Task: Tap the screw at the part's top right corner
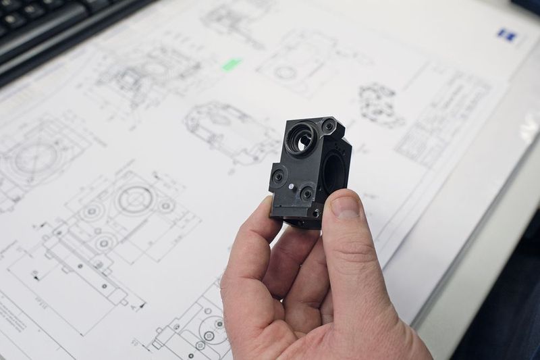(x=328, y=126)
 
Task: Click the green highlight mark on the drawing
(x=232, y=64)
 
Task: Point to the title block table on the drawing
(x=442, y=118)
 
